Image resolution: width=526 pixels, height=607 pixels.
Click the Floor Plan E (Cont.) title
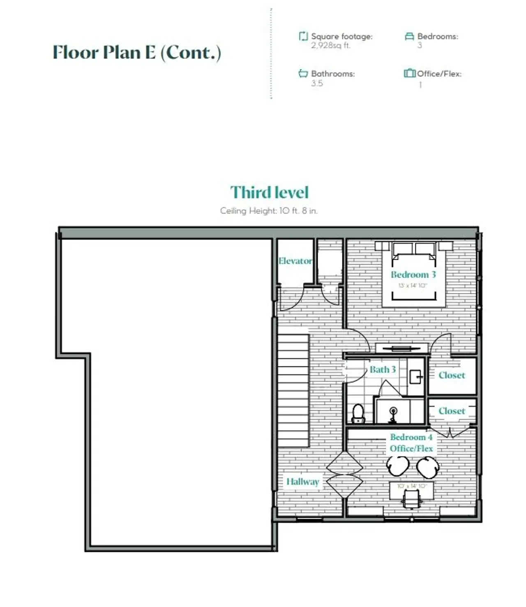point(137,53)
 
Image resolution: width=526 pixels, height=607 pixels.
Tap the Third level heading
point(269,193)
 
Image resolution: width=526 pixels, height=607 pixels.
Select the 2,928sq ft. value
point(330,46)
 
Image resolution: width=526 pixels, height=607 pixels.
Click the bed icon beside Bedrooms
point(409,37)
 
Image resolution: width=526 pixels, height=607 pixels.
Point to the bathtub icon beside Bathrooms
point(303,74)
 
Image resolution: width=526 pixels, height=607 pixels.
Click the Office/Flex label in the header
point(439,74)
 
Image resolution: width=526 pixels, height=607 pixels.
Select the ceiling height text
point(269,211)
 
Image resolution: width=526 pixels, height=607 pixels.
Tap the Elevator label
point(295,261)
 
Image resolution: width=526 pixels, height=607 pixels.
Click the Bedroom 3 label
point(413,274)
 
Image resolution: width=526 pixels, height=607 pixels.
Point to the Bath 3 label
point(383,370)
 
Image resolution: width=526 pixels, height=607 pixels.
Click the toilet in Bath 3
point(359,413)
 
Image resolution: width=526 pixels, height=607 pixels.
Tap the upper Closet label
point(452,375)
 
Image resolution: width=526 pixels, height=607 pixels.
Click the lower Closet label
point(452,411)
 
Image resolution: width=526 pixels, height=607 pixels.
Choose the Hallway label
point(303,481)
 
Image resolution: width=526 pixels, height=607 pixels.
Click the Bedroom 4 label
point(411,437)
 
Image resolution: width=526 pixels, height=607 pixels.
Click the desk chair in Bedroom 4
point(412,500)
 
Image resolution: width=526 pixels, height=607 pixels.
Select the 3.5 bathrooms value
point(317,84)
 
